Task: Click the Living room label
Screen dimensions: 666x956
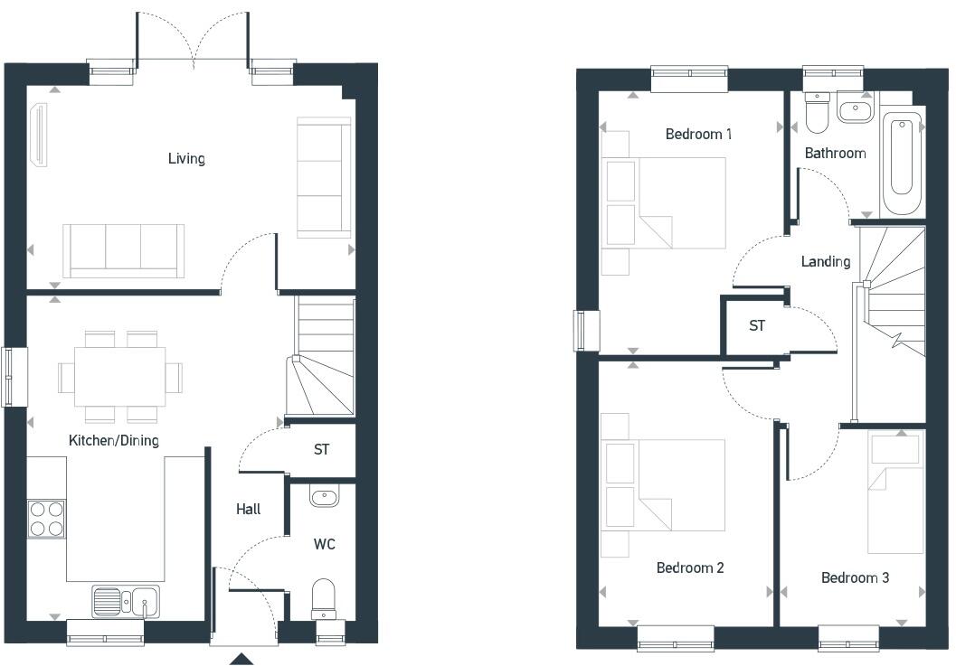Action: (186, 159)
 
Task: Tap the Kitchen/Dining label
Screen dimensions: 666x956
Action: (114, 440)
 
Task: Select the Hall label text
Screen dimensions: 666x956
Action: (248, 509)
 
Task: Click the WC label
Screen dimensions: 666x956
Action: (324, 544)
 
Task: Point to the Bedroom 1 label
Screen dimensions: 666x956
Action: (698, 134)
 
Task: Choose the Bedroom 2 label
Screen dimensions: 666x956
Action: (690, 568)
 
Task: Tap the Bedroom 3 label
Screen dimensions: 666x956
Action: (855, 577)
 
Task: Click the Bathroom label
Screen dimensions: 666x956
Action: (835, 153)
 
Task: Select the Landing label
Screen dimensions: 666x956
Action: (825, 261)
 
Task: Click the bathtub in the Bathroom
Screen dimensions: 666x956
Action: (901, 161)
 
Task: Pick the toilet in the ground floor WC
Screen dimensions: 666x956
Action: (324, 597)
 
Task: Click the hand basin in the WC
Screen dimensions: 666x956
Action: (324, 496)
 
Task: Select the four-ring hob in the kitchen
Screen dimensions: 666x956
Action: (46, 519)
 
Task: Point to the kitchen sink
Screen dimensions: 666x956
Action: (126, 600)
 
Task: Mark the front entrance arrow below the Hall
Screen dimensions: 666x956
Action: (241, 659)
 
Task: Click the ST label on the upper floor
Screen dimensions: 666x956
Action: (756, 325)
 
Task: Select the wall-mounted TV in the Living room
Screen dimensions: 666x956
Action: (39, 136)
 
